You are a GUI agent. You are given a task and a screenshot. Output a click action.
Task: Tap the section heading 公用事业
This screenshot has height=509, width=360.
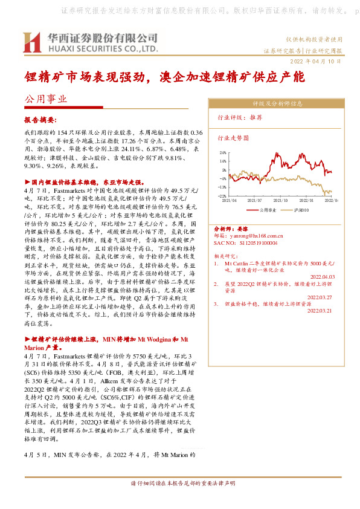[x=45, y=98]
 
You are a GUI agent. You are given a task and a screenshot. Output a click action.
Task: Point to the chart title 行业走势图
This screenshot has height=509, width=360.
[x=233, y=138]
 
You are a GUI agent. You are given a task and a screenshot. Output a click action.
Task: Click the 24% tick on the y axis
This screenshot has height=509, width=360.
[x=222, y=153]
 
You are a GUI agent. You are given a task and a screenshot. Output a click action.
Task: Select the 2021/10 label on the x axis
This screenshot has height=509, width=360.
[x=280, y=200]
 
